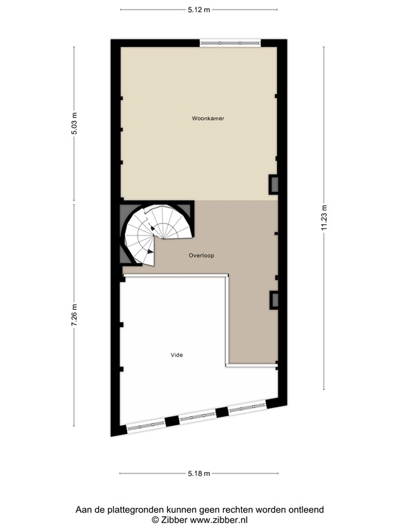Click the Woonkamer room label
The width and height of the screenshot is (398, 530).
tap(208, 119)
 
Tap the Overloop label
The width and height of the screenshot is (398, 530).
tap(201, 255)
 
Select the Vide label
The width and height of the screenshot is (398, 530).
tap(177, 355)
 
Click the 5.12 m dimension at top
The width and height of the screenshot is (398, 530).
tap(200, 10)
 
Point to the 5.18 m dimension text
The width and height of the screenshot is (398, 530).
tap(200, 473)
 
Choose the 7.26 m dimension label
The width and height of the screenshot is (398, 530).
tap(75, 318)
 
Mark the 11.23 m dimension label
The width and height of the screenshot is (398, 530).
tap(323, 220)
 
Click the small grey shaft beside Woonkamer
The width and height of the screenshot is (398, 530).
tap(274, 184)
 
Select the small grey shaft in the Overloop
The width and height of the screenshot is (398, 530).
tap(274, 299)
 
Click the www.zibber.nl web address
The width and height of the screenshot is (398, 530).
tap(218, 520)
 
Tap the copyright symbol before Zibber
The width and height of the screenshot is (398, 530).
tap(155, 520)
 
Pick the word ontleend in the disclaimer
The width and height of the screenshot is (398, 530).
tap(305, 510)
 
